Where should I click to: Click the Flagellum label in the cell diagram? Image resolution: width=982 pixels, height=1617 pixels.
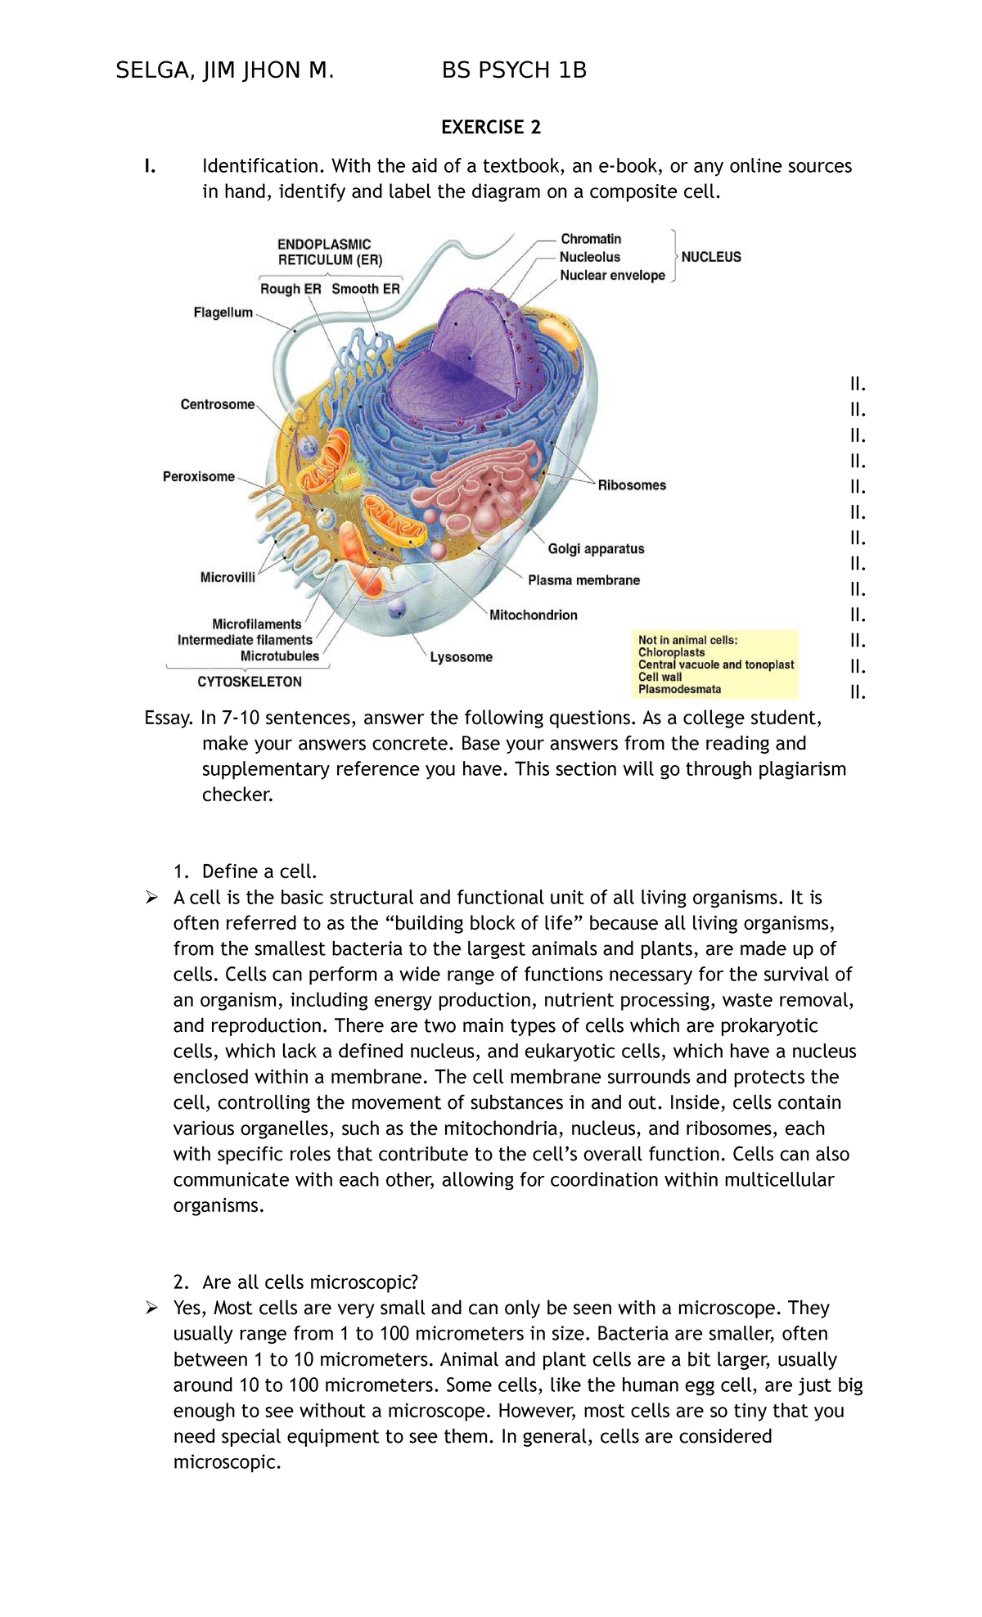click(223, 313)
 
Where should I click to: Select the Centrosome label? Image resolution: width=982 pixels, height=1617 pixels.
click(217, 404)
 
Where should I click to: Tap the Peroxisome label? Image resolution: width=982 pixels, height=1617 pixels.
click(199, 477)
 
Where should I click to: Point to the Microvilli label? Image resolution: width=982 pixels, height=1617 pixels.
click(227, 578)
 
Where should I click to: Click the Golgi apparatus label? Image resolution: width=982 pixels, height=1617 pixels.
click(596, 549)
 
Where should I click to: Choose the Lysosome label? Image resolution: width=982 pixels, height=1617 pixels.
click(462, 657)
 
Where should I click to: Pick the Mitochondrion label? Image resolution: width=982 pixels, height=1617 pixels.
click(533, 615)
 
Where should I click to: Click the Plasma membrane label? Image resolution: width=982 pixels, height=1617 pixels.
click(583, 581)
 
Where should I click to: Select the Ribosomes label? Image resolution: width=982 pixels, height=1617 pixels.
click(632, 485)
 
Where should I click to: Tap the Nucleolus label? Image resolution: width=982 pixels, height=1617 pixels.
click(589, 257)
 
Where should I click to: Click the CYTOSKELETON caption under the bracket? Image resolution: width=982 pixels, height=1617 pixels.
click(250, 682)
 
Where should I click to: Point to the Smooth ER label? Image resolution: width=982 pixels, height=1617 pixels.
click(366, 289)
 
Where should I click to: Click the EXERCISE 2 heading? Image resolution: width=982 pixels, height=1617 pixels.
click(491, 127)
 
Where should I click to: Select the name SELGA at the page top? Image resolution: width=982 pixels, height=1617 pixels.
click(151, 71)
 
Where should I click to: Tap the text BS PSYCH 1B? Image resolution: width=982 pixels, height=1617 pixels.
click(514, 71)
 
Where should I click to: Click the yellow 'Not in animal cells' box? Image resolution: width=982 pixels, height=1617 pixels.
click(716, 664)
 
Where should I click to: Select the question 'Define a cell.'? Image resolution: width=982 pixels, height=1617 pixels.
click(259, 872)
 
